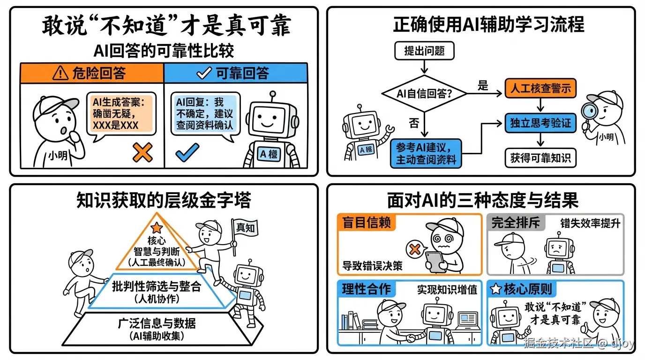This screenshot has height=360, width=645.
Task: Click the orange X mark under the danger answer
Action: [142, 152]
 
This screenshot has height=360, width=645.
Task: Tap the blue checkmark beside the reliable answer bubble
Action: [187, 152]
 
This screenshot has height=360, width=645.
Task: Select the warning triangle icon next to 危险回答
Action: [61, 74]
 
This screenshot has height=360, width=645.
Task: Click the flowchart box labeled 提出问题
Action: [424, 51]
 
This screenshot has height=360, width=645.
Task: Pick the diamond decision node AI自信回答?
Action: [424, 94]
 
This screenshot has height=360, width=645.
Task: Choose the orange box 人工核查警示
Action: [540, 88]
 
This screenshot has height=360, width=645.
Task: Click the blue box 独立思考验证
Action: [540, 123]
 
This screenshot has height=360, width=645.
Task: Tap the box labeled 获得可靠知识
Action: [540, 158]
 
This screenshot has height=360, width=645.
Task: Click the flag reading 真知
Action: [245, 229]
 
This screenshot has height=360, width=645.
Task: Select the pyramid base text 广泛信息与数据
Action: [157, 323]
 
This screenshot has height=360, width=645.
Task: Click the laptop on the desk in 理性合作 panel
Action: [467, 321]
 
